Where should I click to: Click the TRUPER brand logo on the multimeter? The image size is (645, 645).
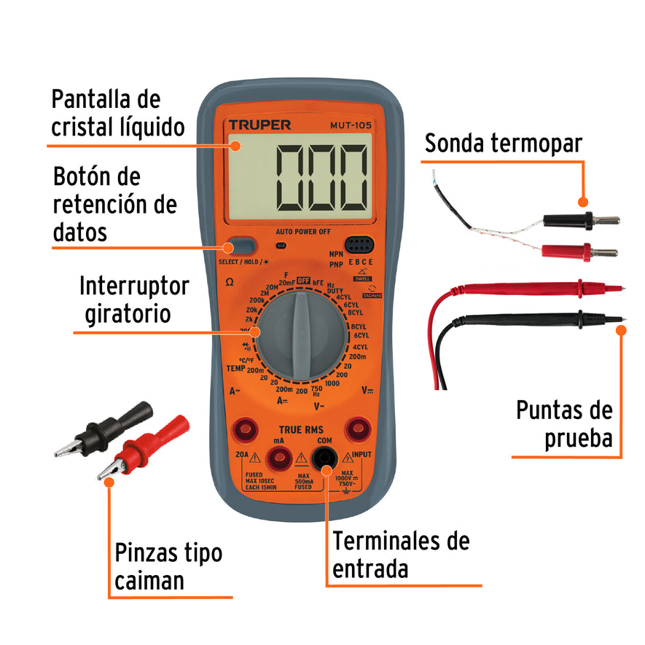click(259, 125)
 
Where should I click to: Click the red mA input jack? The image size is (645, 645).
click(278, 458)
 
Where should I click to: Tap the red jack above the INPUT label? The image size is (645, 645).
click(358, 428)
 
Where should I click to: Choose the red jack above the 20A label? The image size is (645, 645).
click(243, 428)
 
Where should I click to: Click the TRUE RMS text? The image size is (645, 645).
click(301, 429)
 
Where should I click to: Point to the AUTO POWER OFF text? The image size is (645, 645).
click(303, 232)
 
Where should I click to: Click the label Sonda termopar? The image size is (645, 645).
click(504, 144)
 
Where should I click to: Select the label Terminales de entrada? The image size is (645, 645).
click(401, 555)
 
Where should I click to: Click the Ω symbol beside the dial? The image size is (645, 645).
click(230, 281)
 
